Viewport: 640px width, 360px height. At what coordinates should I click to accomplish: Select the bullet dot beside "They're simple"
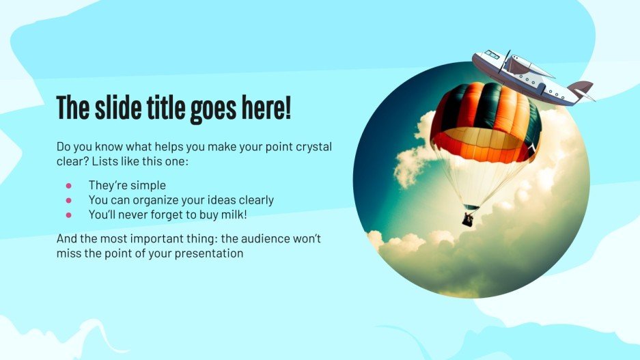68,185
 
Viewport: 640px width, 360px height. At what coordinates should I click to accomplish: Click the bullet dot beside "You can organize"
68,200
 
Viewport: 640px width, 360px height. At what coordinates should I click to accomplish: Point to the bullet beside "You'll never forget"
68,215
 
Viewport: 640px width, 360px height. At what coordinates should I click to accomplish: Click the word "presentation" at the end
210,254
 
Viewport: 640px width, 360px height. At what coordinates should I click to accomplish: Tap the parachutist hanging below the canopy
469,219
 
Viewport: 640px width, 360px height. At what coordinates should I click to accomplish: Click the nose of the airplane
476,59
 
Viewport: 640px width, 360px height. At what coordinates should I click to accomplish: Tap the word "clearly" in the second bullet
251,200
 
